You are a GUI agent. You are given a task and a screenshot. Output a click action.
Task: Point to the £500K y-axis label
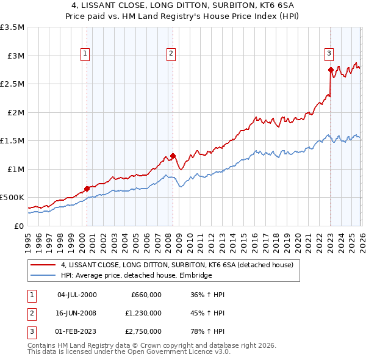pyautogui.click(x=12, y=198)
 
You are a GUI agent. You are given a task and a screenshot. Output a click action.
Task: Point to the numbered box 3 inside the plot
pyautogui.click(x=329, y=53)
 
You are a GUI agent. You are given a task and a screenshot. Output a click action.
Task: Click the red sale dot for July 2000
pyautogui.click(x=87, y=188)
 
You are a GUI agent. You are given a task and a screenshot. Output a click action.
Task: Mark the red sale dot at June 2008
pyautogui.click(x=173, y=156)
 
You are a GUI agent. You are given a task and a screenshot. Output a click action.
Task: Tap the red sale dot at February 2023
pyautogui.click(x=330, y=70)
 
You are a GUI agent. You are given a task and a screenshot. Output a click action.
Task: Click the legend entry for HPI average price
pyautogui.click(x=136, y=276)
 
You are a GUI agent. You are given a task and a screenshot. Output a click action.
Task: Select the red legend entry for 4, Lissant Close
pyautogui.click(x=177, y=265)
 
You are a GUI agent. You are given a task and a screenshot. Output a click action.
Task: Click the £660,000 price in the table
pyautogui.click(x=146, y=295)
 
